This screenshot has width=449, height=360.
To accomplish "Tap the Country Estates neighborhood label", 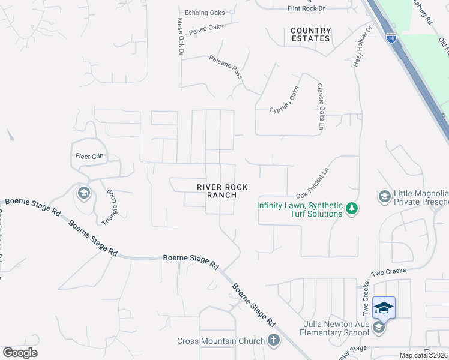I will (x=310, y=34).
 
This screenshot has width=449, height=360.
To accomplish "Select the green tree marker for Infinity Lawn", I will (x=352, y=209).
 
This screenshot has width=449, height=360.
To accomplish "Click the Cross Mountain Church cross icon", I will (x=273, y=340).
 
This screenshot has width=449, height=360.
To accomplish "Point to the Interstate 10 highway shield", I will (x=391, y=38).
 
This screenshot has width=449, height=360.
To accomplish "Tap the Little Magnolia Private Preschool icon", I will (x=384, y=196).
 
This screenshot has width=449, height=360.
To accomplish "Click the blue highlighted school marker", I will (x=384, y=308).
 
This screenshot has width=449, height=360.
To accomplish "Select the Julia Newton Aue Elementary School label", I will (x=336, y=328).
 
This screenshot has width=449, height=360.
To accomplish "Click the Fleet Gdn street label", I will (x=89, y=156).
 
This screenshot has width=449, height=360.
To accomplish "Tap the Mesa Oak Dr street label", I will (x=179, y=37).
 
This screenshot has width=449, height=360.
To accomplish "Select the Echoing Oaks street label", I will (x=203, y=12).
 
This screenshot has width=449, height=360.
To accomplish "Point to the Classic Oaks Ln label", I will (x=321, y=106).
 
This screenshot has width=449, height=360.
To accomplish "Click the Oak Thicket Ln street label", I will (x=313, y=184).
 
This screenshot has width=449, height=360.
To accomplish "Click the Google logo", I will (x=20, y=353).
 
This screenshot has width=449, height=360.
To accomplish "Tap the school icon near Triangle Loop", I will (x=83, y=193).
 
